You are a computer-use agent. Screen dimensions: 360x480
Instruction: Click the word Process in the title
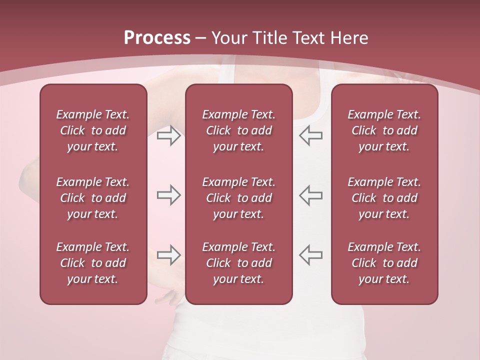coord(157,37)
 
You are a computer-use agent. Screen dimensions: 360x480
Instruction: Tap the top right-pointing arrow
coord(168,135)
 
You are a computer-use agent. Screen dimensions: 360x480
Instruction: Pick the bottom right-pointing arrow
coord(168,255)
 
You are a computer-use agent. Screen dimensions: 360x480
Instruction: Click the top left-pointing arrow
coord(311,135)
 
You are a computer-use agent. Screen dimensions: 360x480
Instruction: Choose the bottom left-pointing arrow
coord(311,255)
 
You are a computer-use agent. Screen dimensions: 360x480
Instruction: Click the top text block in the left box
coord(93,130)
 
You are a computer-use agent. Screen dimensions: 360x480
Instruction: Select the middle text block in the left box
coord(93,198)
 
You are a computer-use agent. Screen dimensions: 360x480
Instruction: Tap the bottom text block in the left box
coord(93,263)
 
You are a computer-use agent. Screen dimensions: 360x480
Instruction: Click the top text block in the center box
coord(238,130)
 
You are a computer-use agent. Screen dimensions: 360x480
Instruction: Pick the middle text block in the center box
coord(238,198)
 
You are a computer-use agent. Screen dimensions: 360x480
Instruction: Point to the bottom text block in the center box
coord(238,263)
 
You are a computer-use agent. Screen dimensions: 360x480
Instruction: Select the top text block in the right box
coord(384,130)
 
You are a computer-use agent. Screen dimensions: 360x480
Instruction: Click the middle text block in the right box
coord(384,198)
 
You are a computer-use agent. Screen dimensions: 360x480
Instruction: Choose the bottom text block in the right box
coord(384,263)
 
